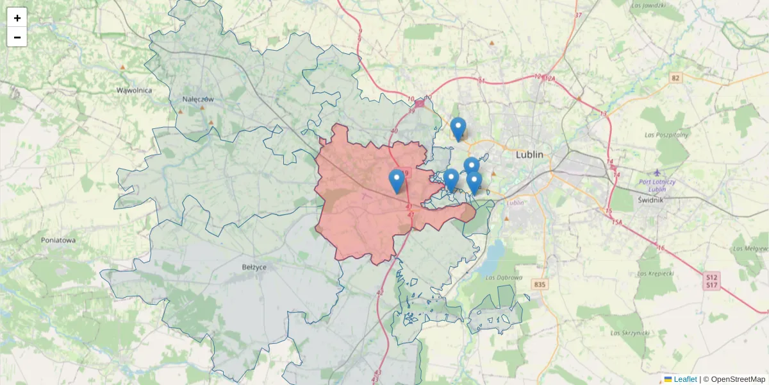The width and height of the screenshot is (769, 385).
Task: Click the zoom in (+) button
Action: (x=17, y=18)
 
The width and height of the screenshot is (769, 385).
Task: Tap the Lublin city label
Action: (x=529, y=155)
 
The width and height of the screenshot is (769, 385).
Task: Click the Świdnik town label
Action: (x=653, y=200)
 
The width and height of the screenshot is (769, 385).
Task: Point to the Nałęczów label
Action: (x=197, y=99)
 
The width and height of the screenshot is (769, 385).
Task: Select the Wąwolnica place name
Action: (x=134, y=90)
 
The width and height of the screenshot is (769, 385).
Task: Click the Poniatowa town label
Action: (x=58, y=240)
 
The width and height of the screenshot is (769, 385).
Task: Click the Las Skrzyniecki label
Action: (x=631, y=333)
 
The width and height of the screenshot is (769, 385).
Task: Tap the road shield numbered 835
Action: (x=540, y=284)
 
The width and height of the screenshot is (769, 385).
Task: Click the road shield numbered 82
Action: (x=675, y=78)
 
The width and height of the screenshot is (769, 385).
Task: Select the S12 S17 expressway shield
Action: (x=711, y=280)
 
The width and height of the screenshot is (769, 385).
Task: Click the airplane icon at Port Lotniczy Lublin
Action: (x=657, y=173)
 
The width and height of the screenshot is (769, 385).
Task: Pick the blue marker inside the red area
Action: (x=397, y=180)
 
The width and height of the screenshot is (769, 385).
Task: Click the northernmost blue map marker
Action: (x=458, y=128)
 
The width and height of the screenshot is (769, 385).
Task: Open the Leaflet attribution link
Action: (x=685, y=379)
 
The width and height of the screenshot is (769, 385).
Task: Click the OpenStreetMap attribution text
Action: (x=738, y=379)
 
